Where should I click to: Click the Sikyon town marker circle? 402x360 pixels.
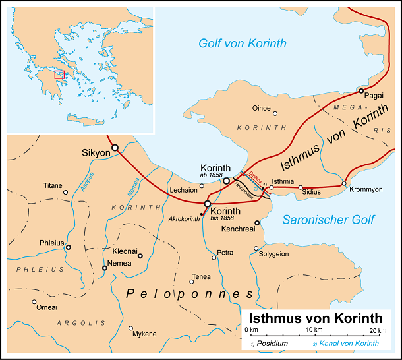pyautogui.click(x=115, y=148)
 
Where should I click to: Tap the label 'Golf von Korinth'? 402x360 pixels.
pyautogui.click(x=243, y=44)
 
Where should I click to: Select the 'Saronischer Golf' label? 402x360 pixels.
pyautogui.click(x=328, y=220)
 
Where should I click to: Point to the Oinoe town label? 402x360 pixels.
pyautogui.click(x=262, y=107)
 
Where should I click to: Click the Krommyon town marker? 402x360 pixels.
pyautogui.click(x=344, y=183)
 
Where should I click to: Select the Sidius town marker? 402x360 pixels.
pyautogui.click(x=301, y=188)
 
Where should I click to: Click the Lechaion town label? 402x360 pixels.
pyautogui.click(x=183, y=189)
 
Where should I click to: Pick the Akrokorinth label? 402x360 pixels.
pyautogui.click(x=184, y=218)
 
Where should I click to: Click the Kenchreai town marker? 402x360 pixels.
pyautogui.click(x=257, y=223)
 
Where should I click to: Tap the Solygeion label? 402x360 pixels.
pyautogui.click(x=272, y=254)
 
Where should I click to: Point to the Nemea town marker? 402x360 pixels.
pyautogui.click(x=104, y=268)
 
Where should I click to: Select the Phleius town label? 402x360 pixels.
pyautogui.click(x=51, y=243)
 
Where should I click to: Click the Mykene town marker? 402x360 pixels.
pyautogui.click(x=131, y=328)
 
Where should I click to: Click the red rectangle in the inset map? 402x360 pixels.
pyautogui.click(x=59, y=75)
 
